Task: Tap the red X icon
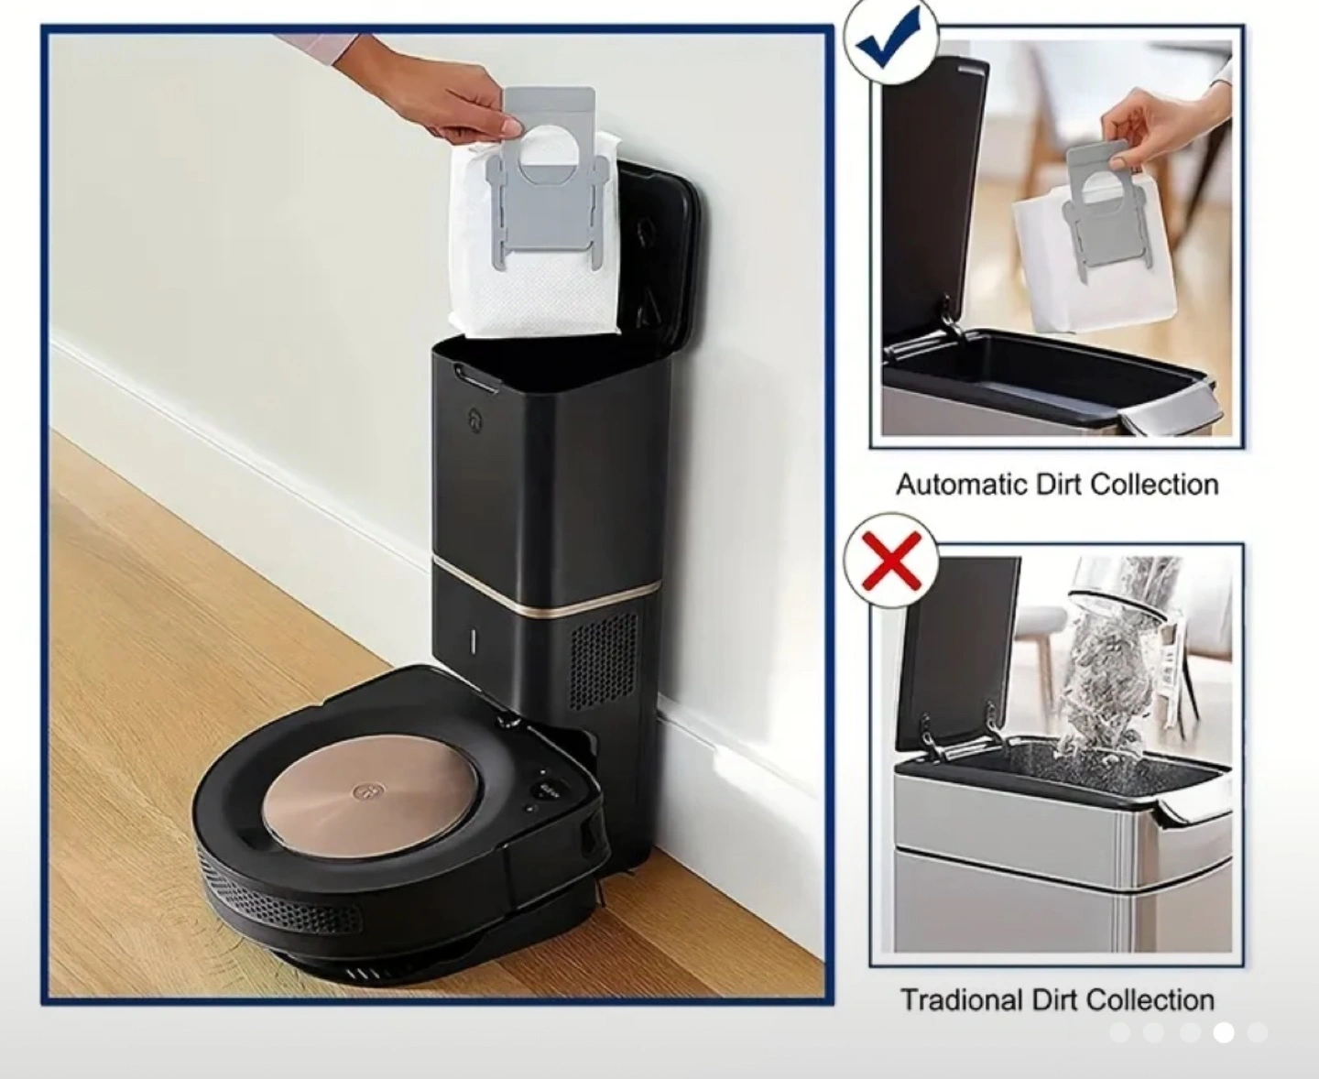[x=892, y=560]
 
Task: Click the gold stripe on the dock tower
[x=548, y=587]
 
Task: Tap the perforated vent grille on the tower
[x=605, y=660]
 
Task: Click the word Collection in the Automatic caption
[x=1156, y=485]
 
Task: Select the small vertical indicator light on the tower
[x=474, y=643]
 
